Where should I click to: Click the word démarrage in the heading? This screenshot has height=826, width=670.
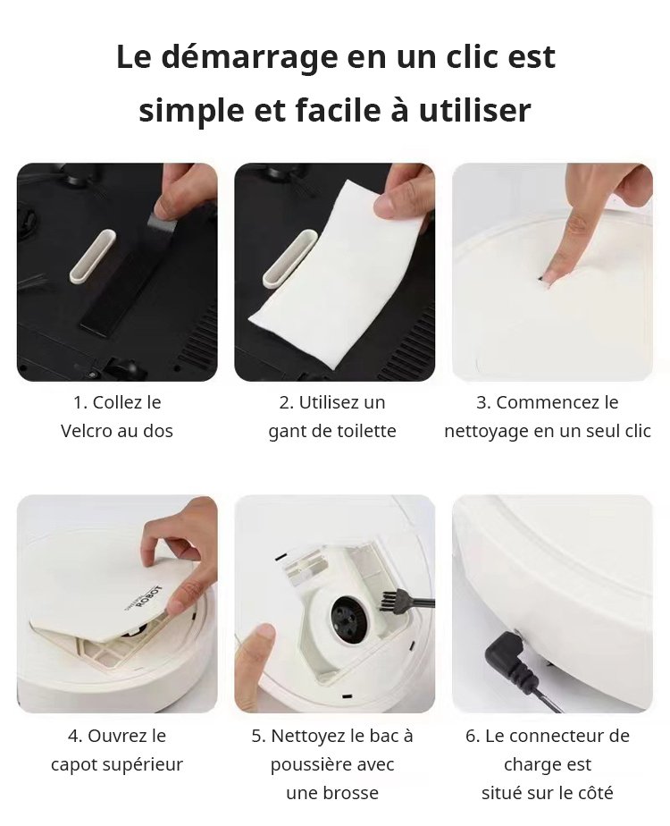tap(249, 58)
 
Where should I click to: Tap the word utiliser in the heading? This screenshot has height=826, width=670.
tap(474, 111)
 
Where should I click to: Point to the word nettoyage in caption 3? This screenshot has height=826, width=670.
tap(486, 432)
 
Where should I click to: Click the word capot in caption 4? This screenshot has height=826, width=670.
tap(74, 765)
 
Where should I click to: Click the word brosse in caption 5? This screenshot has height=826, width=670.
tap(352, 793)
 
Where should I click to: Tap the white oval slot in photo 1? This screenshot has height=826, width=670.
tap(93, 256)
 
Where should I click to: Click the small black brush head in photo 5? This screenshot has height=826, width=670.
tap(390, 601)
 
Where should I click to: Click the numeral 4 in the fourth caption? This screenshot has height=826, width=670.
tap(73, 737)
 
